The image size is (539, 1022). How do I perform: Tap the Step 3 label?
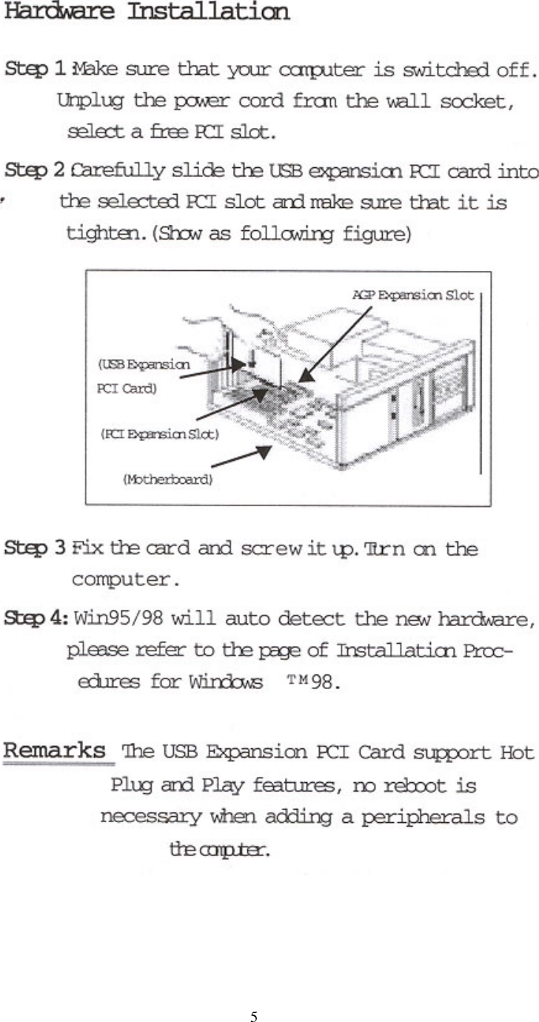tap(38, 550)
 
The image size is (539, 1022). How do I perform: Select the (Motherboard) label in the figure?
tap(167, 480)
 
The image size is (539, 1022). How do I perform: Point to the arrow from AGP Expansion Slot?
tap(337, 343)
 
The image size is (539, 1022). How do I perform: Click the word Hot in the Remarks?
tap(516, 754)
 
